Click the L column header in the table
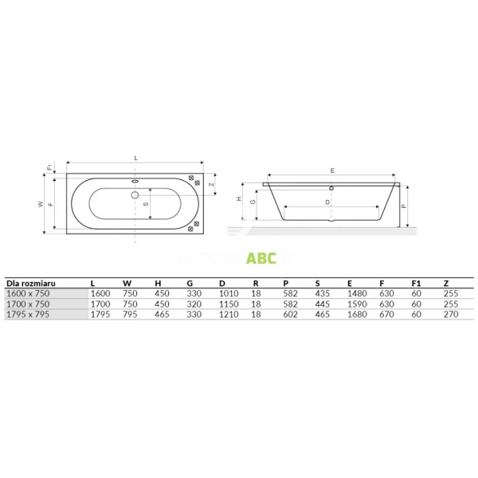(93, 283)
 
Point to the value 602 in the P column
(291, 313)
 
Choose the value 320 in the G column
(193, 304)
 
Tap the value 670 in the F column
(386, 313)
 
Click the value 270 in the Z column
(449, 313)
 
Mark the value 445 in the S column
(322, 304)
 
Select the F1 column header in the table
(415, 283)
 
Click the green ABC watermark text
(261, 257)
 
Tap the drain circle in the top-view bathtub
(134, 194)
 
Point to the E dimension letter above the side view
(331, 170)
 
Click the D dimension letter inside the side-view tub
(327, 202)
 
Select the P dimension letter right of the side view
(405, 206)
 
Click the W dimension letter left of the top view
(41, 205)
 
